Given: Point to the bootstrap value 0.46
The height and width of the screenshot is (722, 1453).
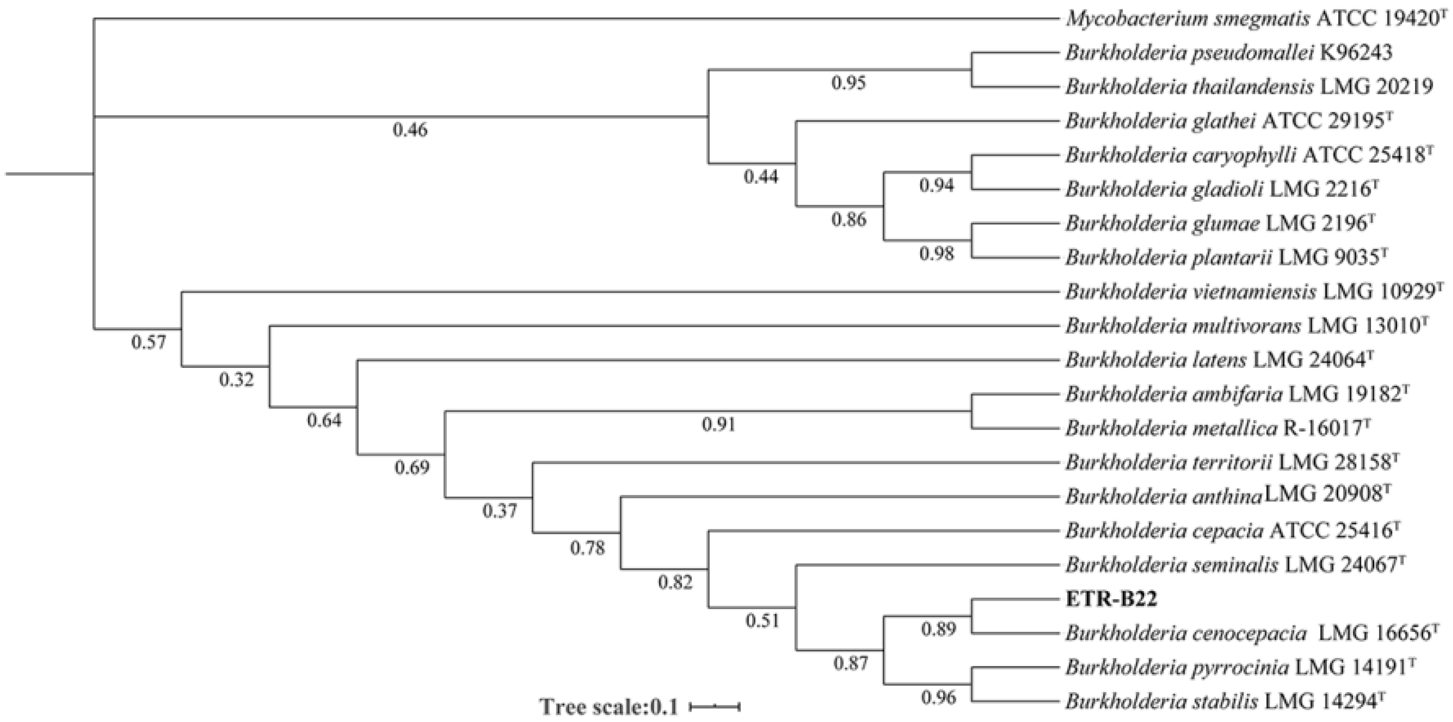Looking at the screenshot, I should [410, 130].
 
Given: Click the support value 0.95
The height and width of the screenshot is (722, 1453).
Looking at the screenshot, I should [848, 83].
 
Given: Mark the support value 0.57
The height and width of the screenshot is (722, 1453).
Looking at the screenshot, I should [149, 342].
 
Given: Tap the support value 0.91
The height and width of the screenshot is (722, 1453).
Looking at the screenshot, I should [718, 424].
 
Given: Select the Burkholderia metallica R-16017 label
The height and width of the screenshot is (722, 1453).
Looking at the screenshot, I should [1217, 429].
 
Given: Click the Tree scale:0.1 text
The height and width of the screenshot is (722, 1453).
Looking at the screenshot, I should [608, 706].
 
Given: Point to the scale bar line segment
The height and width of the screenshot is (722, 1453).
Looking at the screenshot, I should [715, 705].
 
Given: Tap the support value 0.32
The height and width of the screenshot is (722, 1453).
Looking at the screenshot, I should [236, 380].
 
